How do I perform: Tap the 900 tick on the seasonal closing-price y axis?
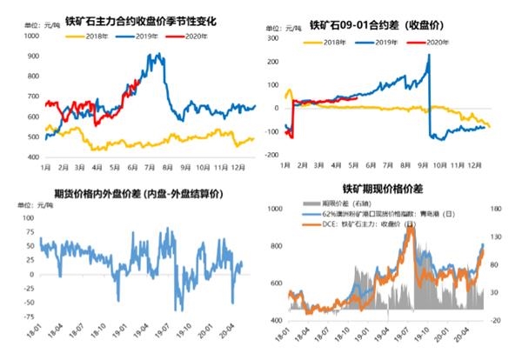[x=33, y=57]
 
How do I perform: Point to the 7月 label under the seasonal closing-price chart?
[x=151, y=163]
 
